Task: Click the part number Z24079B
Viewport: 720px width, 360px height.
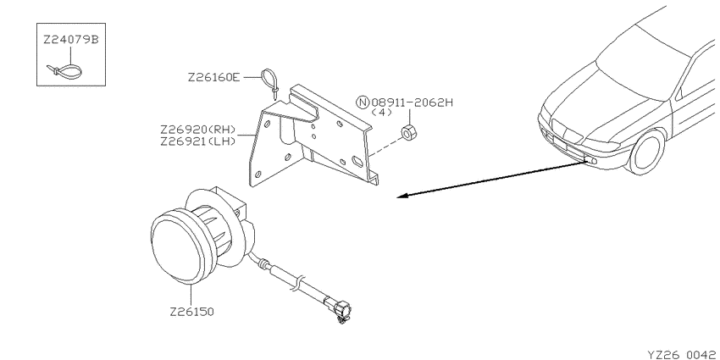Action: (x=71, y=40)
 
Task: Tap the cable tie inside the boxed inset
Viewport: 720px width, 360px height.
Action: (x=64, y=72)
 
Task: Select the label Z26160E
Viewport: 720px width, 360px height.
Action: (x=213, y=78)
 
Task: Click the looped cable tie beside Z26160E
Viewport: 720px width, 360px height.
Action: (x=270, y=83)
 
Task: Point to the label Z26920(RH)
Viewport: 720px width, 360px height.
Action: (x=198, y=129)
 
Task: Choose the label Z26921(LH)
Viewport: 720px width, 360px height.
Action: (x=198, y=141)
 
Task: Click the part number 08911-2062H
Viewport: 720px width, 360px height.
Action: (x=412, y=102)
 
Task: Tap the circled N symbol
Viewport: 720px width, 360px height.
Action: (x=363, y=102)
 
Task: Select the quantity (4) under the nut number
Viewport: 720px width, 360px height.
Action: (x=381, y=113)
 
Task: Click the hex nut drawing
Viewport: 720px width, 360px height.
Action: (x=407, y=132)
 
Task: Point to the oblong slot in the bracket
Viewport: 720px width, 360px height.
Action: (x=357, y=161)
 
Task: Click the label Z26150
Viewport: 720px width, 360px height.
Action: (x=192, y=312)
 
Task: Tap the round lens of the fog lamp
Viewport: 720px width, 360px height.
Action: (x=176, y=248)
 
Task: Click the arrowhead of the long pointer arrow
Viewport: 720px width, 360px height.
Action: (x=402, y=196)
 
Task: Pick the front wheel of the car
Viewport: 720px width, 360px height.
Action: (x=647, y=151)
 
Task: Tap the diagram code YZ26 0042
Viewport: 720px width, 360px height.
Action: (x=682, y=354)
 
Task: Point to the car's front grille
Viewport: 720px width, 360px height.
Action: (x=566, y=130)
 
